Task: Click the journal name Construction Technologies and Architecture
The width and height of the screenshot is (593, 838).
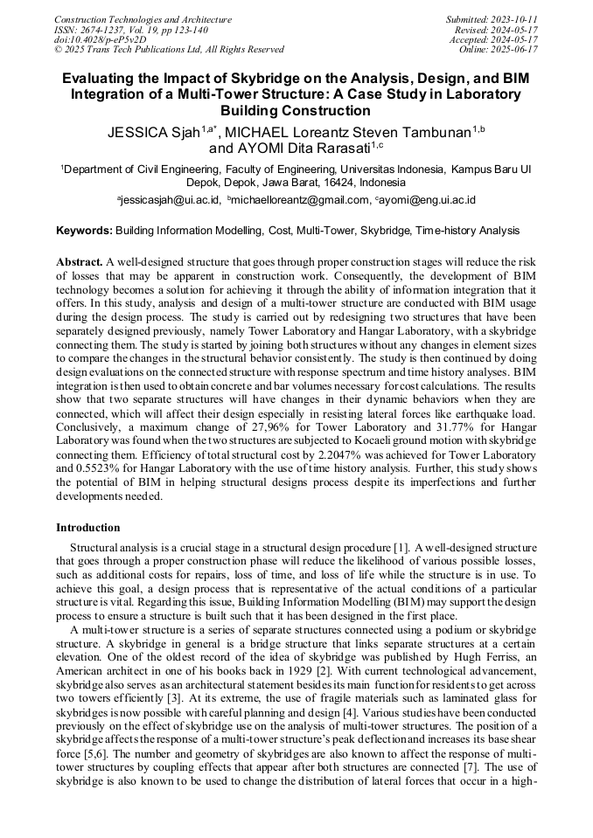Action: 143,19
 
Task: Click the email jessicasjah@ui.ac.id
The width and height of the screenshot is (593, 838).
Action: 171,200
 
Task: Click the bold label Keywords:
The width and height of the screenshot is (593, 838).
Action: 84,231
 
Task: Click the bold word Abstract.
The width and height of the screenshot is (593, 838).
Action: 80,262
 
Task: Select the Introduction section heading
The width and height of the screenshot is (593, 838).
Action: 88,528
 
